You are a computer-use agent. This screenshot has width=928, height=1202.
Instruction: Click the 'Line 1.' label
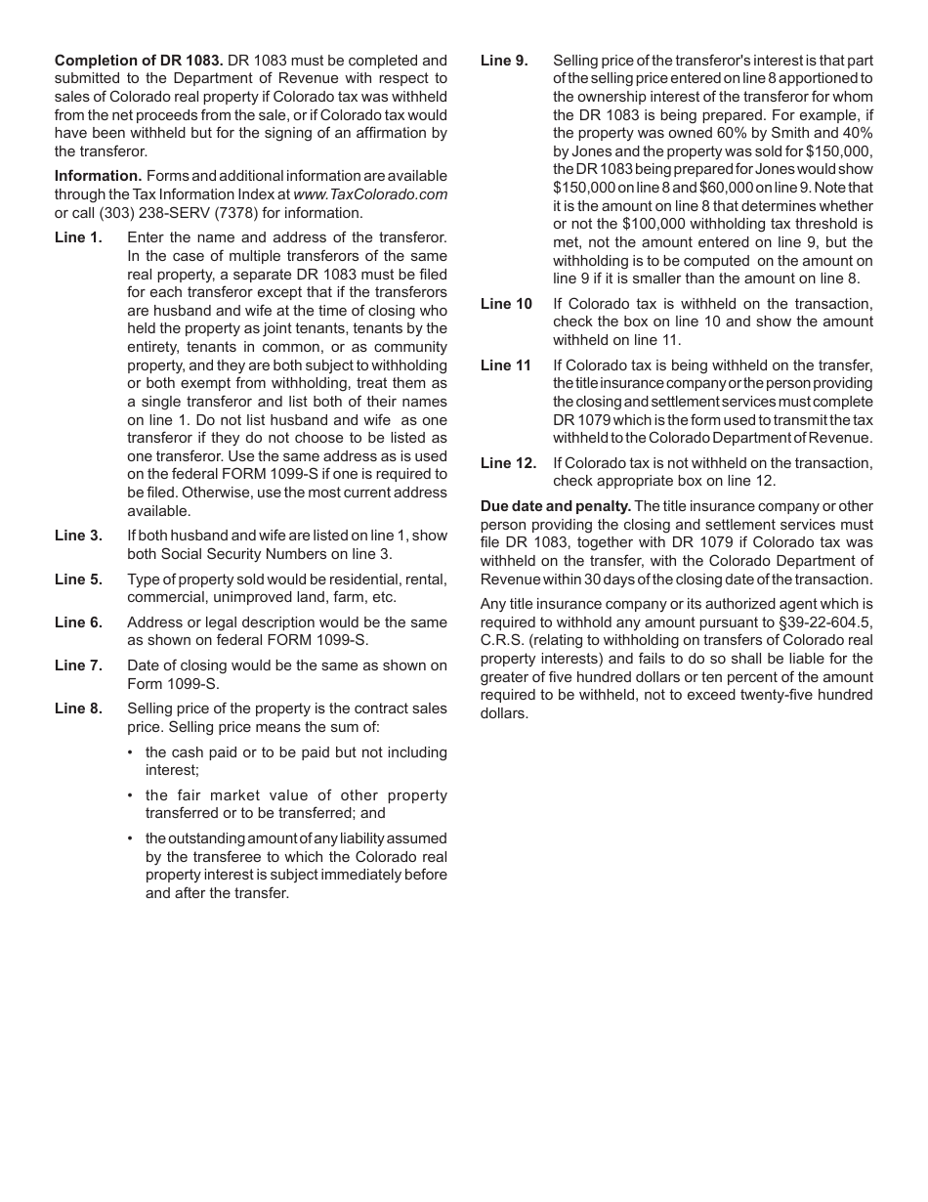tap(78, 237)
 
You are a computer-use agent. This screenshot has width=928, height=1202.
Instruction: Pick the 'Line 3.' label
tap(78, 536)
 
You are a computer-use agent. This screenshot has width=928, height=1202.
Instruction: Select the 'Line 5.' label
tap(78, 580)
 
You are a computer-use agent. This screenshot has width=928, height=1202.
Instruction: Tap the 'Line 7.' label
tap(78, 665)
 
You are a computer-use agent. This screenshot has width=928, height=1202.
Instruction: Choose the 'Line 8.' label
tap(78, 708)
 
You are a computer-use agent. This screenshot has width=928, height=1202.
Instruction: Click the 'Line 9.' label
tap(504, 61)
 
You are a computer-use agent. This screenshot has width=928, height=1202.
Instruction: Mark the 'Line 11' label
tap(506, 365)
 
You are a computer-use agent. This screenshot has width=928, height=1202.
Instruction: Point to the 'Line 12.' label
tap(508, 463)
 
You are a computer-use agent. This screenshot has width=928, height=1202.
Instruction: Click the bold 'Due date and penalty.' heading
tap(555, 506)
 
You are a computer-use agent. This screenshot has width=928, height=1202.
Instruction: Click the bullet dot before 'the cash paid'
tap(132, 752)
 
